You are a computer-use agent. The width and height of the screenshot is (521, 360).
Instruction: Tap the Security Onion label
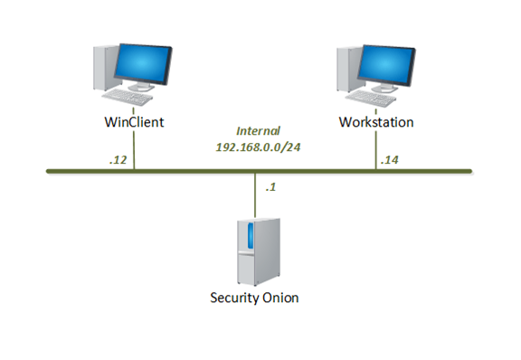click(253, 298)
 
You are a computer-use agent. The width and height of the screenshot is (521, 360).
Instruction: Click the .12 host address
click(117, 160)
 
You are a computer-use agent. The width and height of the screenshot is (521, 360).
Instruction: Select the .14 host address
click(389, 160)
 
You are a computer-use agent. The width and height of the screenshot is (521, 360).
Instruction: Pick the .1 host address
click(270, 188)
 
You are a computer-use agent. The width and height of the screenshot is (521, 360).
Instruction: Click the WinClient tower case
click(102, 68)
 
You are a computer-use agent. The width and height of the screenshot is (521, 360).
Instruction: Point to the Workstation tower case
click(345, 68)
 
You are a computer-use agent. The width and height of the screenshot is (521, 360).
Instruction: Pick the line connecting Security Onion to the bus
click(254, 194)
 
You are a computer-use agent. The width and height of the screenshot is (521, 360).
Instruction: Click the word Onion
click(279, 298)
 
